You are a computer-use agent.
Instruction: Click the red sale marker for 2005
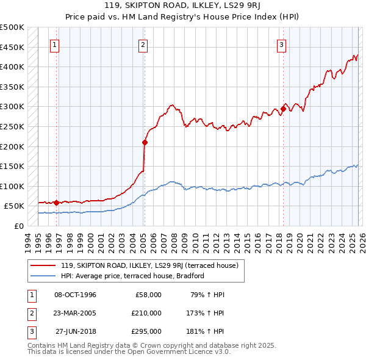(x=145, y=143)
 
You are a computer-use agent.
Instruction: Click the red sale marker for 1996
(x=56, y=203)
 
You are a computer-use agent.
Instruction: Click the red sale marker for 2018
(x=283, y=109)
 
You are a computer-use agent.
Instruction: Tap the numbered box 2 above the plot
(x=143, y=45)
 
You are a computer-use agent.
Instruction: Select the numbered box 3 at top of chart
(x=281, y=45)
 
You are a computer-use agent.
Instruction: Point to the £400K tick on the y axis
(x=12, y=67)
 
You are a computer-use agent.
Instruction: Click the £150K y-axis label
(x=12, y=166)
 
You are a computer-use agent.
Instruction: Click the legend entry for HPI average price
(x=132, y=276)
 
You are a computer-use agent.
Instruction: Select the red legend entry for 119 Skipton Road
(x=152, y=265)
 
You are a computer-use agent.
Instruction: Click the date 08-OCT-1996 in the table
(x=75, y=295)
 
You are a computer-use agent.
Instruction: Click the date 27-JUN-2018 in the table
(x=75, y=331)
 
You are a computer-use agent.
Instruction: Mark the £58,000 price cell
(x=147, y=295)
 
